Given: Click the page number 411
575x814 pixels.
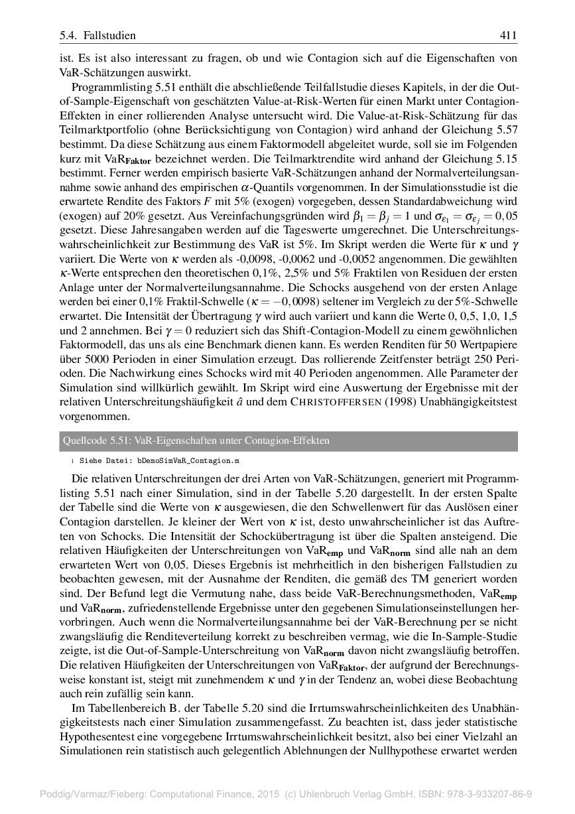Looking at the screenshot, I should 509,35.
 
